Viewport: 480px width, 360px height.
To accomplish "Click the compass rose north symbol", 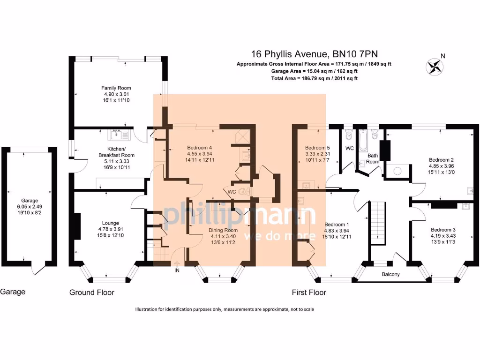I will coord(435,66).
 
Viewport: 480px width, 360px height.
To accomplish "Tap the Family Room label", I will coord(116,88).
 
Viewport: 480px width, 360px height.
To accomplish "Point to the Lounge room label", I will coord(111,223).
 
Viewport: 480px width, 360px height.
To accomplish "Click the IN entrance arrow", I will coord(177,266).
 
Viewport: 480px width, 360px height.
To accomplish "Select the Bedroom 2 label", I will coord(441,159).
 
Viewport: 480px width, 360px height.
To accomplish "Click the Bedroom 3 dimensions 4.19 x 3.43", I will coord(443,236).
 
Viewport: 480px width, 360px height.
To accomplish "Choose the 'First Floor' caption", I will coord(309,292).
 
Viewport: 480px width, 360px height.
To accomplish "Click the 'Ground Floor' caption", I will coord(92,292).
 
